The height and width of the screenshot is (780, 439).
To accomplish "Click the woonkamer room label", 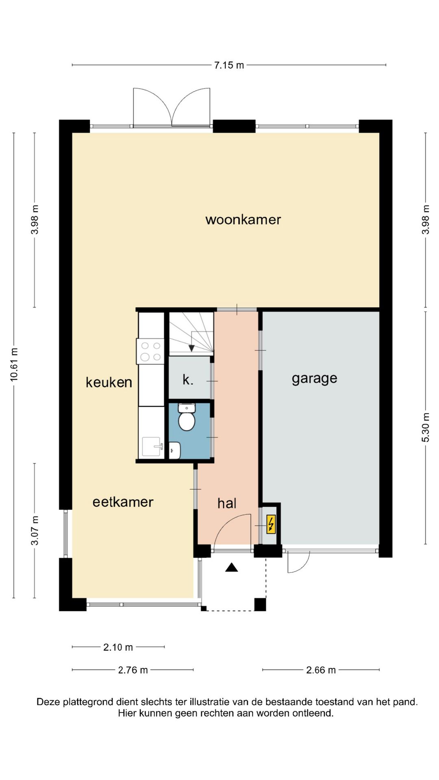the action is [243, 220].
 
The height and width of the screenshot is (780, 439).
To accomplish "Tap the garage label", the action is [314, 379].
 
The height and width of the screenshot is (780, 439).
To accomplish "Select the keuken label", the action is [109, 382].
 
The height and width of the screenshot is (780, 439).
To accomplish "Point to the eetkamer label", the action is [123, 502].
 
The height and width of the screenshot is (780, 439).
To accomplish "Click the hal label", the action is [227, 503].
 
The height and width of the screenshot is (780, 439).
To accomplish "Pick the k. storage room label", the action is [188, 380].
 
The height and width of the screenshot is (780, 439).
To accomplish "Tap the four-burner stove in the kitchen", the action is [150, 351].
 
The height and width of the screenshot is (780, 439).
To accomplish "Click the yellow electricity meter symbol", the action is [271, 524].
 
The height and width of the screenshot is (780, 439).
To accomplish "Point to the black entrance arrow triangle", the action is [232, 567].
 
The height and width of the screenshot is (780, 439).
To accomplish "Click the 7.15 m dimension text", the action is [229, 65].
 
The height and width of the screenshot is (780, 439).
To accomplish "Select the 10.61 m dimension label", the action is [14, 364].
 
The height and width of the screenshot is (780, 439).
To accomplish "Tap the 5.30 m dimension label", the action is [426, 427].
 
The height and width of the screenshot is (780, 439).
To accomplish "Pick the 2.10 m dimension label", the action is [118, 647].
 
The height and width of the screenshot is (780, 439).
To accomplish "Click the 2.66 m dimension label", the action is [321, 670].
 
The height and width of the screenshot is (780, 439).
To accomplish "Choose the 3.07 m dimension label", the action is [35, 531].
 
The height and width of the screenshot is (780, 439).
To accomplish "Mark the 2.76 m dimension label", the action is [133, 670].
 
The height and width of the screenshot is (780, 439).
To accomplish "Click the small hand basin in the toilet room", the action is [175, 450].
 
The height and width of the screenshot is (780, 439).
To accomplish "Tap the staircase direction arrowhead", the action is [191, 348].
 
